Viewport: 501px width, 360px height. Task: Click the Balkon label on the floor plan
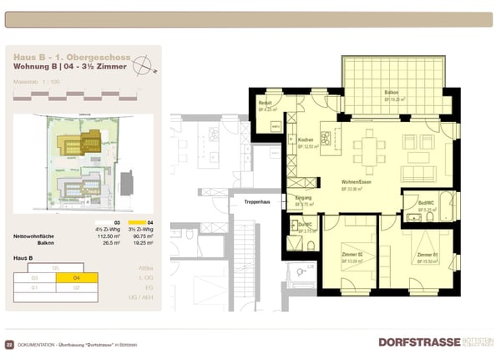pos(390,92)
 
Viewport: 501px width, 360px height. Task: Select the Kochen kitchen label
pos(305,140)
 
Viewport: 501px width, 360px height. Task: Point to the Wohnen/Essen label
pos(356,183)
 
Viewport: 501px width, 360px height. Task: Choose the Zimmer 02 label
pos(352,255)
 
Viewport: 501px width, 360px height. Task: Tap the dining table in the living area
pos(368,154)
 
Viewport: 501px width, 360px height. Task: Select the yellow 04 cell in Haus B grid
pos(78,278)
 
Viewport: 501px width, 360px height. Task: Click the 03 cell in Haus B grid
pos(34,278)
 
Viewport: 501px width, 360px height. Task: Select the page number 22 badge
pos(9,344)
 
